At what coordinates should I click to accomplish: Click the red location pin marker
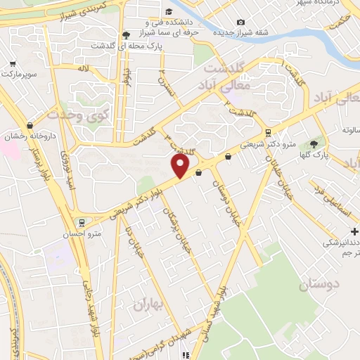click(x=181, y=166)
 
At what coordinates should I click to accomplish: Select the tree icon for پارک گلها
click(x=314, y=143)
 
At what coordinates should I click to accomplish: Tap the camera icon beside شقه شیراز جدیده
click(x=241, y=22)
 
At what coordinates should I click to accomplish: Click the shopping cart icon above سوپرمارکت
click(x=12, y=62)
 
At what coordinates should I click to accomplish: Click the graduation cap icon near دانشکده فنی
click(x=169, y=11)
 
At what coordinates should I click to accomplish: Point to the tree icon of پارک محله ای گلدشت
click(x=126, y=34)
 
